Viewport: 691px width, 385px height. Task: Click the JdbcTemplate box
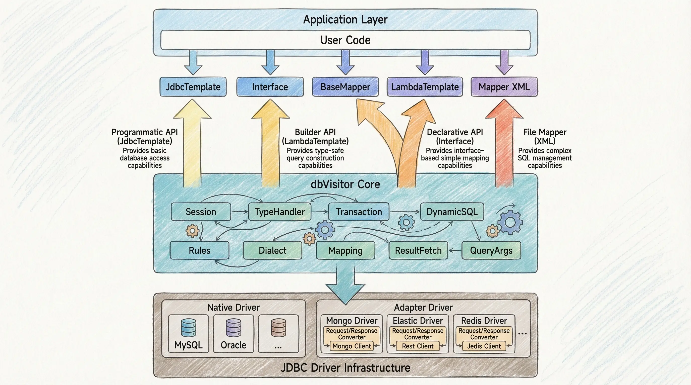[x=193, y=87]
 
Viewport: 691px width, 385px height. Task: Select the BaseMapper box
[x=345, y=87]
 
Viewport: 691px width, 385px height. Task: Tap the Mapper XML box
[x=504, y=87]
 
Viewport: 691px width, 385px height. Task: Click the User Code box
[x=345, y=40]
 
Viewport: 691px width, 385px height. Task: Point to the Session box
[x=201, y=212]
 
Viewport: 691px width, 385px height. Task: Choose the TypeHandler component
[x=279, y=212]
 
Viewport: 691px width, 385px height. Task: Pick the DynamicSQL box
[x=452, y=212]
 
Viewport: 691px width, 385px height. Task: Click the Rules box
[x=199, y=250]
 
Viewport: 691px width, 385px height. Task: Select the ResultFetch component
[x=418, y=250]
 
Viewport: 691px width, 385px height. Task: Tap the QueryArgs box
[x=491, y=250]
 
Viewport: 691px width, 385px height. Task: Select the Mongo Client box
[x=352, y=346]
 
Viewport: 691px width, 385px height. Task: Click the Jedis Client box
[x=484, y=346]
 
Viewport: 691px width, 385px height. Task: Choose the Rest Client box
[x=418, y=346]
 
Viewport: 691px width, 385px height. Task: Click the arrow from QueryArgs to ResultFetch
[x=455, y=251]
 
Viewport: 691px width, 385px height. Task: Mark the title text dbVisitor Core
[x=345, y=184]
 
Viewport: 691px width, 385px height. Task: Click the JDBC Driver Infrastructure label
[x=345, y=368]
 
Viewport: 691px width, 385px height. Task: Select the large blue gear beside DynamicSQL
[x=510, y=222]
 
